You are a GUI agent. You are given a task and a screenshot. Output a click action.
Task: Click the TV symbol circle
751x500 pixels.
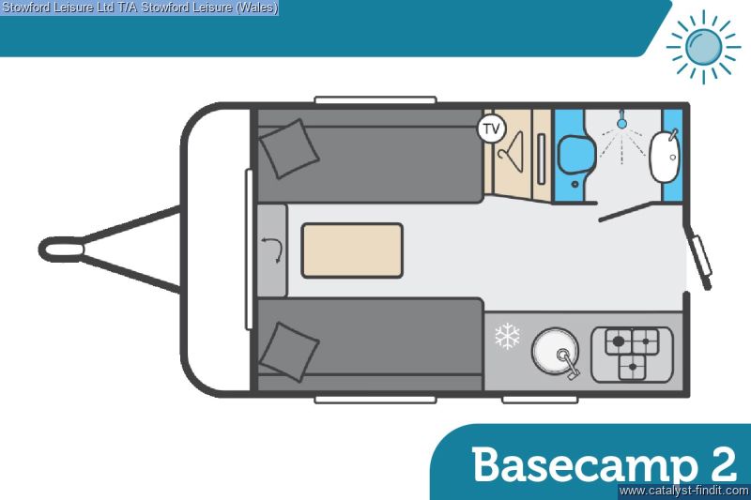point(492,128)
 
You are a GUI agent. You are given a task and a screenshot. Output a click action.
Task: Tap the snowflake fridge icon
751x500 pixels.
point(507,336)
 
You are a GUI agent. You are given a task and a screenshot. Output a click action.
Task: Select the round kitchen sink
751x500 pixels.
point(555,353)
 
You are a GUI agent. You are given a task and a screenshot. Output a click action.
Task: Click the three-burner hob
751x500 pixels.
point(631,354)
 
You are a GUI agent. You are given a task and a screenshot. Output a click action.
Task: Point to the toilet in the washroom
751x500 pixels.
point(570,154)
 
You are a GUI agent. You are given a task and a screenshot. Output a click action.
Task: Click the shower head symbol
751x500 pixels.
point(621,122)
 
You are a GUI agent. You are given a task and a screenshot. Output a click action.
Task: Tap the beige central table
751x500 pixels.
point(352,250)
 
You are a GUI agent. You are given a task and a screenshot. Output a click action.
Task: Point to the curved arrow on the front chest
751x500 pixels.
point(271,249)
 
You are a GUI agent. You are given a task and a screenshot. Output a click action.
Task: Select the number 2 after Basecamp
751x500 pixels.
point(718,464)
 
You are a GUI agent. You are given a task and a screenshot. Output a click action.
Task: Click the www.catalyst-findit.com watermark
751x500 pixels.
point(682,491)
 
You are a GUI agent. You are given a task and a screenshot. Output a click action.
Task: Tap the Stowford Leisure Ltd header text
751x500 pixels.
point(139,8)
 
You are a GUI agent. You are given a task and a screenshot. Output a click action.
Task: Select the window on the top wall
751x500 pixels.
point(375,99)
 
